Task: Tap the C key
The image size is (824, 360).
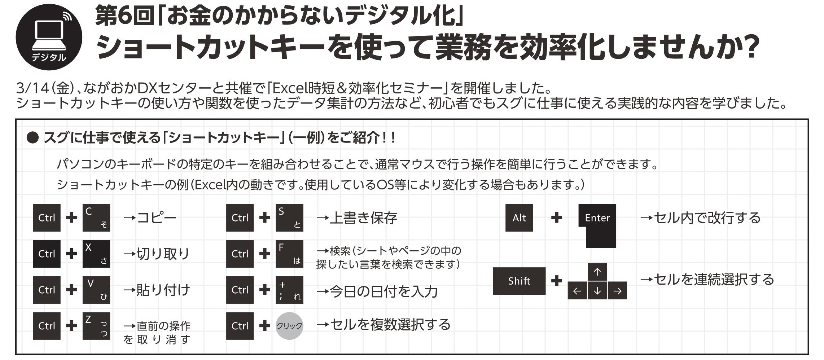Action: tap(96, 218)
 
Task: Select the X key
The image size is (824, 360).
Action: tap(96, 254)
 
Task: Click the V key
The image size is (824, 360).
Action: tap(96, 290)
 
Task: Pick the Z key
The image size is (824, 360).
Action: tap(96, 326)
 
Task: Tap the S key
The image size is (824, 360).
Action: tap(289, 218)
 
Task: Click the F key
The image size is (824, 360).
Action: tap(289, 254)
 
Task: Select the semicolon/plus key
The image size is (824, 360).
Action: tap(289, 290)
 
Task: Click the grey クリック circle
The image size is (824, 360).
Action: tap(289, 326)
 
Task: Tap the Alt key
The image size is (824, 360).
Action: tap(519, 218)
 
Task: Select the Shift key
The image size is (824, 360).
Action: tap(519, 281)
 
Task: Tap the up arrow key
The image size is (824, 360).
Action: tap(597, 272)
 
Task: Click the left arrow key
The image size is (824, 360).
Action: tap(577, 291)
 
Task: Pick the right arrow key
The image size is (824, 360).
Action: tap(617, 291)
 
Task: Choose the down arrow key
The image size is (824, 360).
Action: tap(597, 291)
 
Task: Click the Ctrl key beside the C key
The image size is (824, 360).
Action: tap(47, 218)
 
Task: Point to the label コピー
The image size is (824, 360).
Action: tap(157, 218)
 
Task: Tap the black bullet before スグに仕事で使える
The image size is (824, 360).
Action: tap(32, 137)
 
